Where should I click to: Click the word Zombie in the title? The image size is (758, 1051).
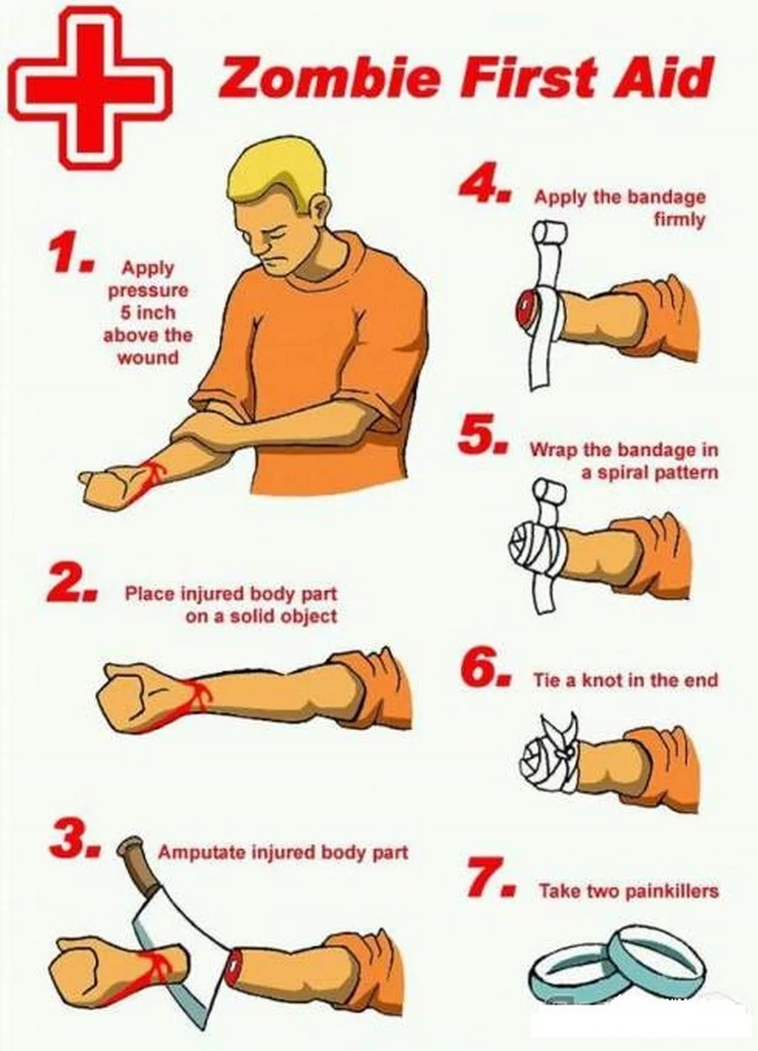[x=329, y=77]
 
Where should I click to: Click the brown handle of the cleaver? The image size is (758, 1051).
[x=137, y=860]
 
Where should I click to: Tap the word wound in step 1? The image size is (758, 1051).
[x=148, y=358]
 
